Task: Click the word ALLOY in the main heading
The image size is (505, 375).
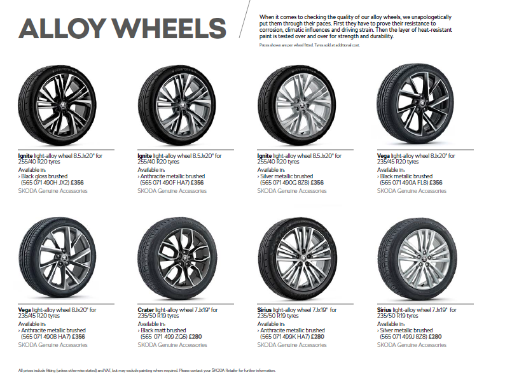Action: [x=62, y=28]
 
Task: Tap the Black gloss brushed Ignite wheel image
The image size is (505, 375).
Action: [x=57, y=105]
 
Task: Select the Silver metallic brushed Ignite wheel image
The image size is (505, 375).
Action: [x=296, y=105]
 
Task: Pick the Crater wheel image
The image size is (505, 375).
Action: [x=177, y=258]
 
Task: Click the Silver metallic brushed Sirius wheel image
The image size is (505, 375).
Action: [x=417, y=258]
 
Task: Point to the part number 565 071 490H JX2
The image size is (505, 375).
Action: [x=45, y=183]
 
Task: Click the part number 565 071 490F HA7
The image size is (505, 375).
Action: [x=165, y=183]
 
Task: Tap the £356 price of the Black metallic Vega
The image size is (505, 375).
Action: [x=436, y=183]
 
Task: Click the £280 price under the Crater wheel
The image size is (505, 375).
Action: [x=195, y=337]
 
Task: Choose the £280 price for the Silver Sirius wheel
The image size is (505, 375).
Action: [x=435, y=337]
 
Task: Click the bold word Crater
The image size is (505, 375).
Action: [x=146, y=310]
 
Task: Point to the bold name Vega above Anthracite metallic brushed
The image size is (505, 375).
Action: [x=24, y=310]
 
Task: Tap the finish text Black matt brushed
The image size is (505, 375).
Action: [x=163, y=330]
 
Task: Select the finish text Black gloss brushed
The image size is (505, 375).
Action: [x=45, y=176]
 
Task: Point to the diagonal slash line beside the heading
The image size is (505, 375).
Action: [x=244, y=19]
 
